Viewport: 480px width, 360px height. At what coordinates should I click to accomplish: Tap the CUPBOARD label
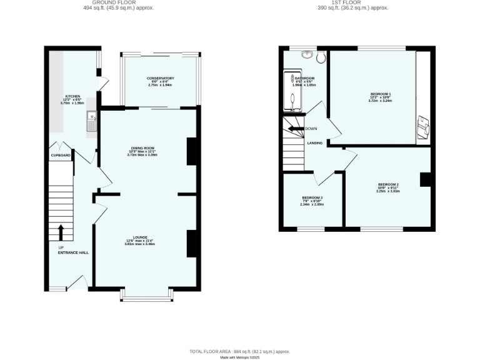(61, 155)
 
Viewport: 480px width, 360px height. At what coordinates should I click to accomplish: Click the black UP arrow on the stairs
(61, 232)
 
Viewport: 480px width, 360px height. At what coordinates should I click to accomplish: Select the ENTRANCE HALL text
(73, 252)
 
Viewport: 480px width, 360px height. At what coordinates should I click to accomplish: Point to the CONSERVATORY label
(161, 78)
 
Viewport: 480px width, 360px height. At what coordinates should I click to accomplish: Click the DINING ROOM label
(142, 148)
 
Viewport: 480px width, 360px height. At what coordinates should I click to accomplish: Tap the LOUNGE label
(140, 237)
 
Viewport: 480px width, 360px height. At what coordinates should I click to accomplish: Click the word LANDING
(315, 143)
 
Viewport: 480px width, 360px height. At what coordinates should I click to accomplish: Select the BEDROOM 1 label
(380, 94)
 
